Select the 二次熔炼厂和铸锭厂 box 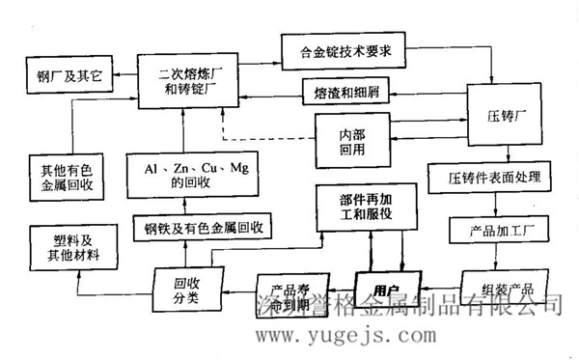(191, 77)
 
